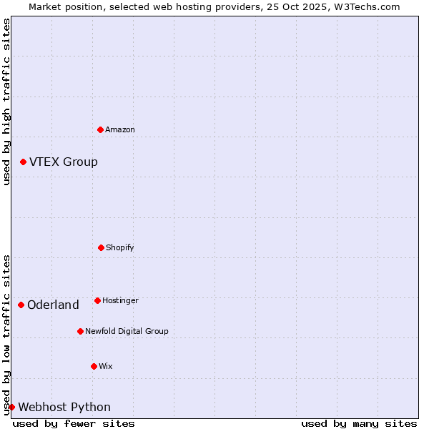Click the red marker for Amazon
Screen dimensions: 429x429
point(100,129)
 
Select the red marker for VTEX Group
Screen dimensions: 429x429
point(23,162)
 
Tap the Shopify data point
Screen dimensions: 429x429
point(101,247)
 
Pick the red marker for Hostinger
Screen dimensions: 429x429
point(97,300)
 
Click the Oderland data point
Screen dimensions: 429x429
point(21,305)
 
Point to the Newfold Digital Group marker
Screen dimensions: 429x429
point(80,331)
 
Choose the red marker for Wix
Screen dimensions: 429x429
point(94,366)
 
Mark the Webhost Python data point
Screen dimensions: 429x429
point(11,407)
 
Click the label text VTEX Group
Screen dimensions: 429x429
point(64,162)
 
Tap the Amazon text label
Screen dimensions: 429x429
point(120,129)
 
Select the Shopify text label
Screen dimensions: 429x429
point(120,247)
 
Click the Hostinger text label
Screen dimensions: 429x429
point(120,300)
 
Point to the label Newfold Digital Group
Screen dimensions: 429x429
point(127,331)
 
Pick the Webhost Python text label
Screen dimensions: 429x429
point(64,408)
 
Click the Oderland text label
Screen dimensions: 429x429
point(53,305)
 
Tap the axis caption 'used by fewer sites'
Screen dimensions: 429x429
point(74,423)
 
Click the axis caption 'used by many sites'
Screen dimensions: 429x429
point(359,423)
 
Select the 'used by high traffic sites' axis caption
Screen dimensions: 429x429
point(6,102)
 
